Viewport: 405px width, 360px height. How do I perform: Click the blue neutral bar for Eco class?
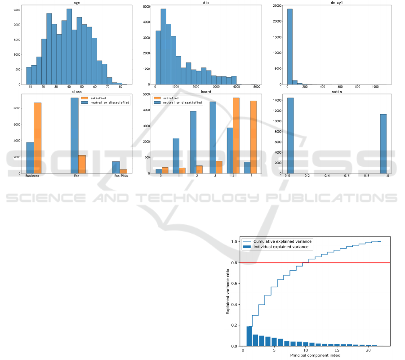pos(75,135)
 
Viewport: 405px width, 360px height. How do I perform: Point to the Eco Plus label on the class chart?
pos(120,176)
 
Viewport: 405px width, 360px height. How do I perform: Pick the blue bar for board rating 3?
pos(213,137)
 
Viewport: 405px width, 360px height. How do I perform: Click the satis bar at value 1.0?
pos(383,144)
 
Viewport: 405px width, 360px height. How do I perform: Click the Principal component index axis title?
pos(314,355)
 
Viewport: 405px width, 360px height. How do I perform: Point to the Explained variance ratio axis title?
pos(228,292)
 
